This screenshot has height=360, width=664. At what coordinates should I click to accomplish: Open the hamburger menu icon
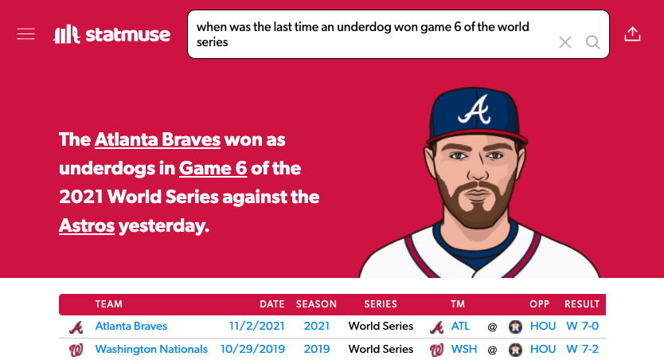coord(25,34)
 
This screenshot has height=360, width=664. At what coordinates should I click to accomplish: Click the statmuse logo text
coord(128,35)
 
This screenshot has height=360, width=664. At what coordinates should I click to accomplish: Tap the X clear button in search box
coord(565,42)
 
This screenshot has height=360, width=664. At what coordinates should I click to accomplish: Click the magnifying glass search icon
coord(593,42)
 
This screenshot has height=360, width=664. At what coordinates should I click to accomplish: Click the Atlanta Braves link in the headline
coord(158,139)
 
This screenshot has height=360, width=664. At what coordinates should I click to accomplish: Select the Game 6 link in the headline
coord(213,169)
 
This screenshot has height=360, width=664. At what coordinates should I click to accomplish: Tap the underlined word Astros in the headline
coord(87,225)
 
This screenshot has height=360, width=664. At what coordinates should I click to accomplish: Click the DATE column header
coord(272,304)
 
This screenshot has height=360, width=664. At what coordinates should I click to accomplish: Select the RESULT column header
coord(582,304)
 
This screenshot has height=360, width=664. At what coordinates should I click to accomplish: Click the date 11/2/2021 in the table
coord(257,326)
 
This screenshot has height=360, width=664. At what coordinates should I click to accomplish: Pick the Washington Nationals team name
coord(151,350)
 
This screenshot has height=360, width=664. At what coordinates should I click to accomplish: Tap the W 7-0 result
coord(582,326)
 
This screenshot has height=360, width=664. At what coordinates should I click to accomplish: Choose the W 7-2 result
coord(582,350)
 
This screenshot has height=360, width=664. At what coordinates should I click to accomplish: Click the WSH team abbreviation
coord(464,350)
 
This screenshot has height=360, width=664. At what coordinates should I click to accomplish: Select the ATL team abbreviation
coord(460,326)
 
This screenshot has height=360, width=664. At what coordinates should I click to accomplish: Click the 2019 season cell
coord(317,350)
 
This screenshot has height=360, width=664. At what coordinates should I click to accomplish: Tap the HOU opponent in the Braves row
coord(543,326)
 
